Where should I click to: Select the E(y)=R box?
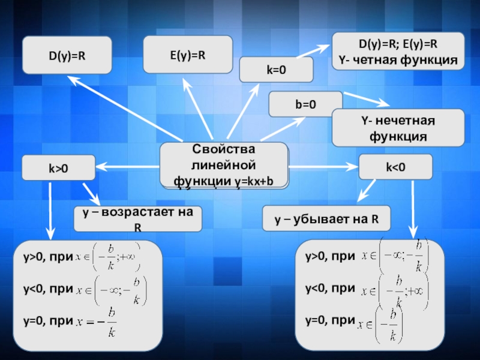point(187,55)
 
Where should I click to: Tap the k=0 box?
point(276,70)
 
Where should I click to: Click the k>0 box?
point(58,168)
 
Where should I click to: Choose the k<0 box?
point(395,167)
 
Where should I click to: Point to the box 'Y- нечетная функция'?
point(398,128)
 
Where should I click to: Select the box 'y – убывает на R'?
point(326,219)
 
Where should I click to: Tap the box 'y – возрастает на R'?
point(137,219)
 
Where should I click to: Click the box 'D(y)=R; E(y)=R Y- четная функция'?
point(398,52)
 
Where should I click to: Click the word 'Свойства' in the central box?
point(223,149)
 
